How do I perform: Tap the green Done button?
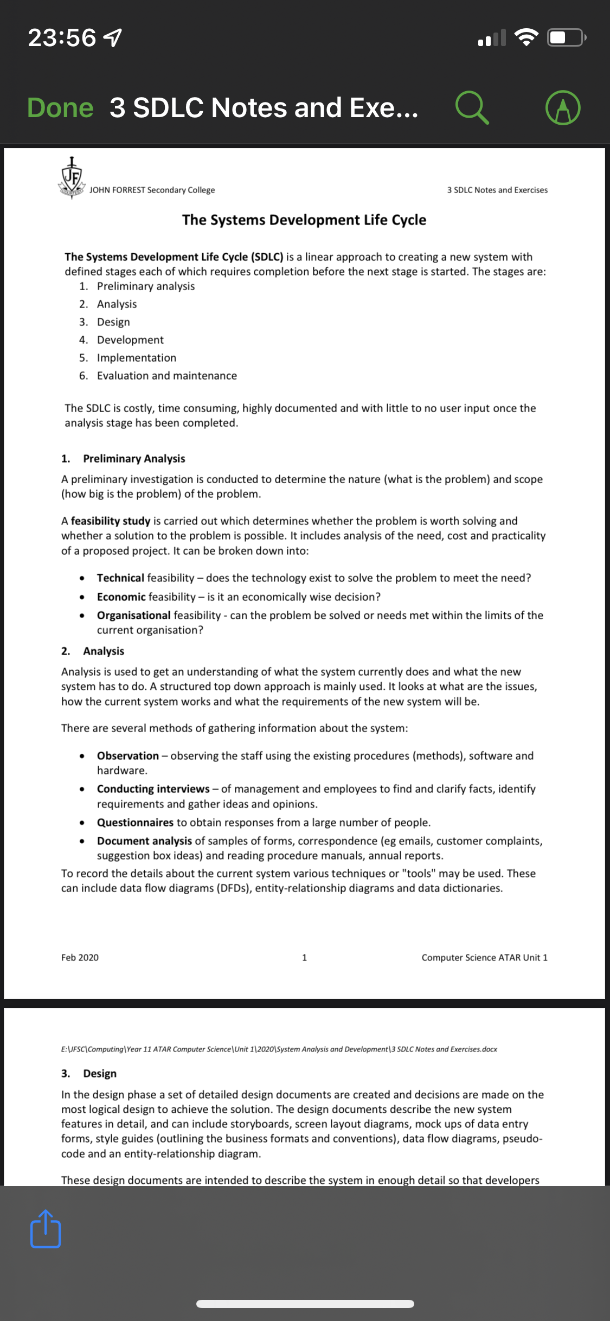click(60, 107)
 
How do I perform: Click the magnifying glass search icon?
click(472, 107)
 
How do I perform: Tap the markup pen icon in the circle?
click(563, 107)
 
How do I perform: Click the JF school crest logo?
click(72, 178)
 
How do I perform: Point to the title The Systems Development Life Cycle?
click(304, 220)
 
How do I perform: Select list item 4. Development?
click(130, 340)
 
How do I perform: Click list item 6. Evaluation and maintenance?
click(166, 376)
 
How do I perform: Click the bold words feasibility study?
click(110, 521)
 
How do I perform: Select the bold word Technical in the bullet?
click(120, 578)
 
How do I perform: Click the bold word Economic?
click(121, 597)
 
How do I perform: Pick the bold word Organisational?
click(133, 615)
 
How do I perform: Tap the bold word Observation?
click(127, 756)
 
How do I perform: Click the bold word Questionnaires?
click(135, 823)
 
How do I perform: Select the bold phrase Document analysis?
click(144, 841)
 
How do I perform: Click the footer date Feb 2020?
click(80, 958)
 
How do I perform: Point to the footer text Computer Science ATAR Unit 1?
click(484, 958)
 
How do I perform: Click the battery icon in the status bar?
click(565, 37)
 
